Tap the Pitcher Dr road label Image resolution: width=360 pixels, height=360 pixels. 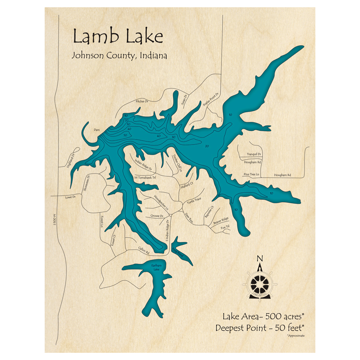(x=142, y=102)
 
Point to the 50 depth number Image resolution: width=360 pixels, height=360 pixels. (x=125, y=135)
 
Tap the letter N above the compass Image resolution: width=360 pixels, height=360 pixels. (x=259, y=258)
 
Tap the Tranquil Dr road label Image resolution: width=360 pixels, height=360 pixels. (x=254, y=154)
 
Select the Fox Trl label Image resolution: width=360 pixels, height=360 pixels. (x=225, y=227)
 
